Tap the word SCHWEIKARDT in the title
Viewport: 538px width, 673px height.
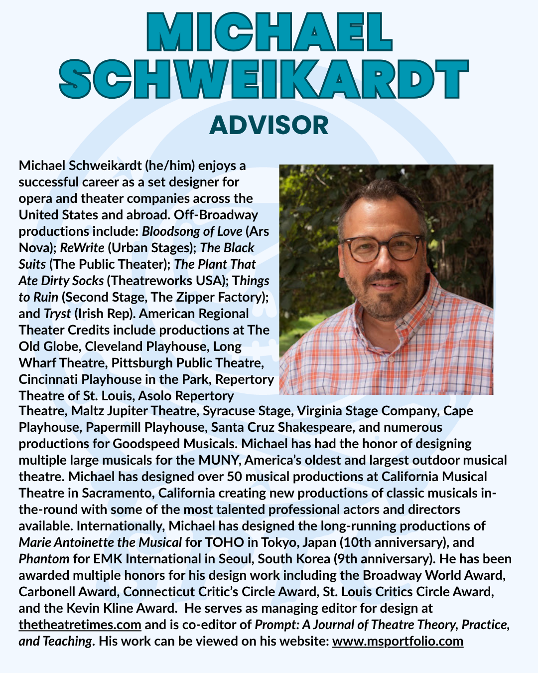tap(264, 80)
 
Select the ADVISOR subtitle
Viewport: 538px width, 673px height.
tap(269, 125)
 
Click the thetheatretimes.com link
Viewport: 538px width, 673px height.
tap(80, 625)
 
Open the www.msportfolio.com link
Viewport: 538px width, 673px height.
tap(398, 641)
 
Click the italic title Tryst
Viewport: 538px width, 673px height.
tap(57, 314)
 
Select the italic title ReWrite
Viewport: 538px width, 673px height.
tap(82, 248)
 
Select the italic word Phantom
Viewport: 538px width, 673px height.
tap(44, 559)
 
